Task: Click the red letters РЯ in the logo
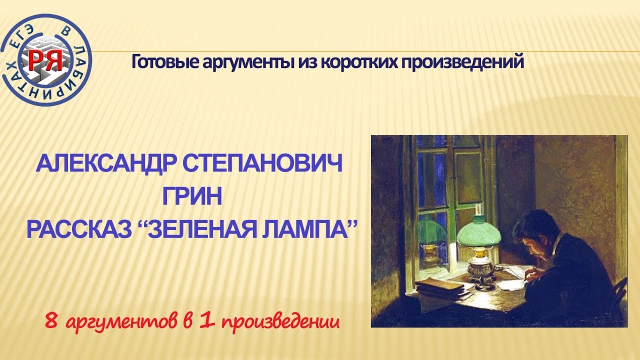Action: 45,59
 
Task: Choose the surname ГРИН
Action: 192,197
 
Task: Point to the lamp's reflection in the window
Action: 430,235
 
